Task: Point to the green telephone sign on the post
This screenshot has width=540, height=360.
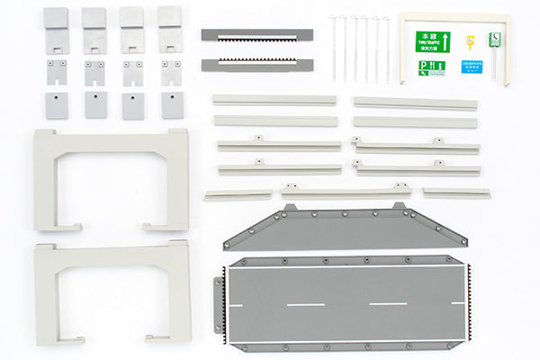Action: [x=494, y=38]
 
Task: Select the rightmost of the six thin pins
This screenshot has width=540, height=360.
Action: [x=387, y=47]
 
